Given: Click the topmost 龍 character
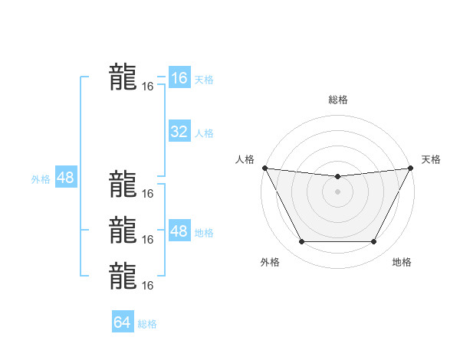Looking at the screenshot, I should coord(123,77).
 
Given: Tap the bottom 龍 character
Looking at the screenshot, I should coord(123,277).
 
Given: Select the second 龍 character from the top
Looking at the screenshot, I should coord(123,185).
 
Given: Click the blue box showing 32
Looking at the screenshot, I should coord(179,132).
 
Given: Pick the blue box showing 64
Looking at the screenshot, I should coord(122,322).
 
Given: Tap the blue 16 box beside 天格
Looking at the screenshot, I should coord(179,78).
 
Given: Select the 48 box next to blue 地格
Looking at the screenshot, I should coord(179,231).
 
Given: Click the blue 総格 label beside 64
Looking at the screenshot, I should coord(147,324).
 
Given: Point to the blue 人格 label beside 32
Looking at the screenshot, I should coord(204,133).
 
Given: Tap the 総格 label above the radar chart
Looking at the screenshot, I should coord(337,100).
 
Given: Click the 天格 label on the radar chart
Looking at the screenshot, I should coord(431,159).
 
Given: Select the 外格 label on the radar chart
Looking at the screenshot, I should coord(270,263).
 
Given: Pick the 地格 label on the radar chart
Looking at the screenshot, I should coord(402,263).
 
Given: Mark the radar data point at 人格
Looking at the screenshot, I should coord(264,168).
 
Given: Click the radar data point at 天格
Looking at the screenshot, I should coord(410,168).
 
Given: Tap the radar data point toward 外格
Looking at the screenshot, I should coord(301,242).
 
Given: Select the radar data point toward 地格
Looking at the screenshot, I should coord(374,242).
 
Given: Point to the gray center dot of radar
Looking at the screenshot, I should coord(337,191).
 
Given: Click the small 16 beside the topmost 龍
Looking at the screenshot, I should coord(148,87).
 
